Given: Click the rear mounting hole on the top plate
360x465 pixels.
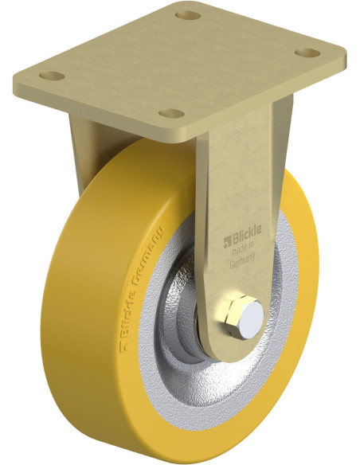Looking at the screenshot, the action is (x=188, y=15).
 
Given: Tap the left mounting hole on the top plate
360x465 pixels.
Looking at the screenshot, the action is (x=52, y=76).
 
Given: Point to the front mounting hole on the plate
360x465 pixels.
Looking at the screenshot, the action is (x=171, y=113).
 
